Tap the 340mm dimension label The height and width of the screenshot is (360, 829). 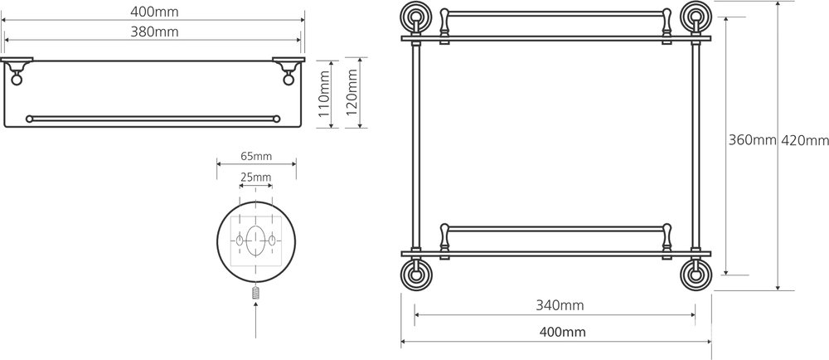click(560, 304)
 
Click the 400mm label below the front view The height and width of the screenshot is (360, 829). click(560, 332)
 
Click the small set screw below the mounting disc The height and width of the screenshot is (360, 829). click(255, 292)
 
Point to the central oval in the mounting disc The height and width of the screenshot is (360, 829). click(255, 239)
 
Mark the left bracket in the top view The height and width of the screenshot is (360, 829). click(18, 69)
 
